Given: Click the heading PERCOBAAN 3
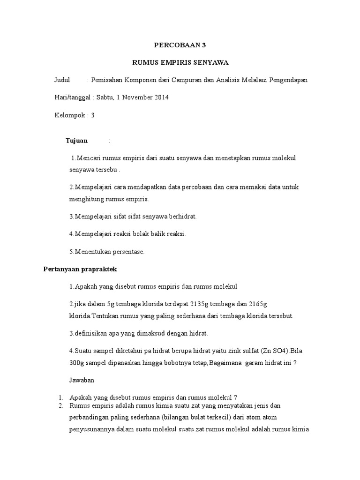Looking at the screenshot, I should [x=180, y=45].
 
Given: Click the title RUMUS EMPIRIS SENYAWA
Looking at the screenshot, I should [x=180, y=63].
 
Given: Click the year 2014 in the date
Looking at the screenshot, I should [x=160, y=97].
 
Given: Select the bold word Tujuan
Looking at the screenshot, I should [x=77, y=141].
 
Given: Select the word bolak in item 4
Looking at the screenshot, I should [x=138, y=234].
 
